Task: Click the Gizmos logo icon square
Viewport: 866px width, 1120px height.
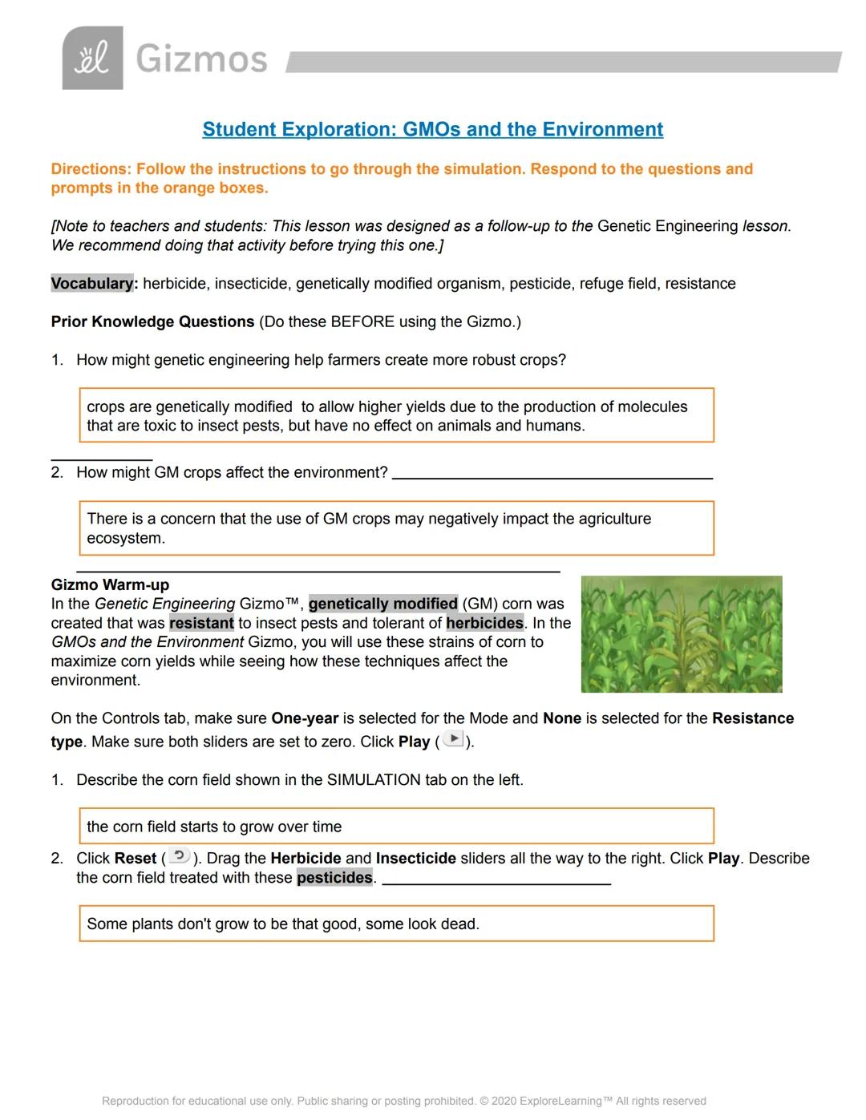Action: click(93, 58)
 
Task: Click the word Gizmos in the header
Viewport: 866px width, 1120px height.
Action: click(201, 59)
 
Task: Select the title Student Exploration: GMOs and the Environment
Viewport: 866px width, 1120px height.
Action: click(432, 129)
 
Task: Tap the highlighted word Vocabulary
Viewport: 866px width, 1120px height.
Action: click(92, 283)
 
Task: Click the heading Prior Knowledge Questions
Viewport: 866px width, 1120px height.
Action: click(152, 321)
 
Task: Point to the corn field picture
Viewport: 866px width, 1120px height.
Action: click(681, 633)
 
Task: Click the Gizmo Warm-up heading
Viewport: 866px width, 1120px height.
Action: click(110, 584)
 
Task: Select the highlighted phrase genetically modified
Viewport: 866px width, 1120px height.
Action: click(382, 604)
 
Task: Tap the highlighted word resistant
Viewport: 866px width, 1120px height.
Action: click(201, 623)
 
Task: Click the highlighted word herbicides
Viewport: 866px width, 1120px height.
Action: click(484, 623)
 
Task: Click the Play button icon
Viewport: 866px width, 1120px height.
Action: click(453, 739)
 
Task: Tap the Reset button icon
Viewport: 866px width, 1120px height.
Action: click(180, 856)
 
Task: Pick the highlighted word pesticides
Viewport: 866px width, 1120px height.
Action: click(334, 877)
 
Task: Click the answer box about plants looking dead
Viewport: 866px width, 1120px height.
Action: click(396, 924)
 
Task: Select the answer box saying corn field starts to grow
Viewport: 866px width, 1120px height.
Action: click(396, 826)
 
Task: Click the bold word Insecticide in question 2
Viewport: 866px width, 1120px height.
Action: click(415, 858)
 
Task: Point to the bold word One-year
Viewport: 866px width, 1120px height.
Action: click(305, 718)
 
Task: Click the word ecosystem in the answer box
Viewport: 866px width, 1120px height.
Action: click(124, 538)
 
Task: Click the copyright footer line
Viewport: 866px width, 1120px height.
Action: click(403, 1101)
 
